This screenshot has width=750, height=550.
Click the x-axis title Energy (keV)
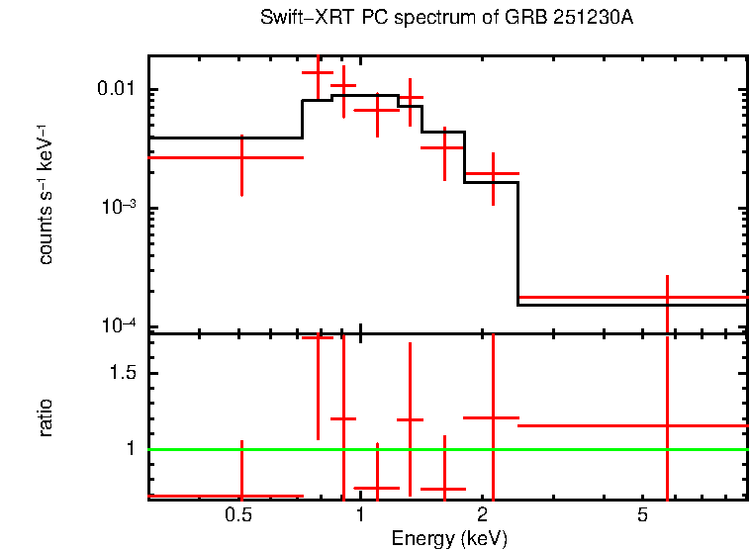pos(449,538)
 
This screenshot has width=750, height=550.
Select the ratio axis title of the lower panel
pos(46,417)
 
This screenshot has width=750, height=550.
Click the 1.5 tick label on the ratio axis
pos(122,373)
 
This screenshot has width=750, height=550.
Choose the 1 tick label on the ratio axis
pos(129,449)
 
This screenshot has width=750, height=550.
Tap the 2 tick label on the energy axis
pos(482,515)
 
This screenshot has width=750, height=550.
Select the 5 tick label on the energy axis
pos(642,515)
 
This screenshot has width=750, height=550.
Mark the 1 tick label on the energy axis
pos(359,515)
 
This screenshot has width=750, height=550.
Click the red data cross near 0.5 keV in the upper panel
pos(241,157)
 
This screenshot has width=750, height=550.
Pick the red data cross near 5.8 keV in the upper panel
pos(668,297)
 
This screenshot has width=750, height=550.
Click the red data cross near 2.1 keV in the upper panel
pos(492,174)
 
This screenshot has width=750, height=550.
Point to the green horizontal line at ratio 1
pos(594,449)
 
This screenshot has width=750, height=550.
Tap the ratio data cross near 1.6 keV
pos(444,489)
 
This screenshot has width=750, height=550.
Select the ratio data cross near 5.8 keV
pos(668,425)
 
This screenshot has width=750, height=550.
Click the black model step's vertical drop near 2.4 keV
pos(517,242)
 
